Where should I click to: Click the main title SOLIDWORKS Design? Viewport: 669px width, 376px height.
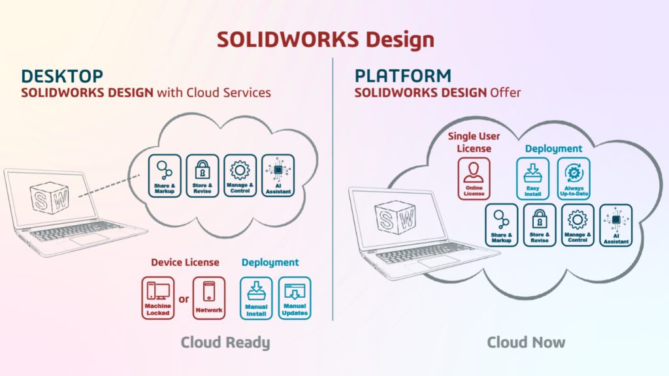click(325, 39)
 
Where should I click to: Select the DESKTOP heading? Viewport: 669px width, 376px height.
click(62, 75)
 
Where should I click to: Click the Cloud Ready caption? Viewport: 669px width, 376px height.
click(225, 342)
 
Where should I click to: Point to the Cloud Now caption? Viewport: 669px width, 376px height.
click(526, 342)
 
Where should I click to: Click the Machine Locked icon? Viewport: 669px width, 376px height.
click(158, 298)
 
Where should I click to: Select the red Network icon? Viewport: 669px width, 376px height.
click(209, 298)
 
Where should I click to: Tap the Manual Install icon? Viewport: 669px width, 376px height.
click(256, 298)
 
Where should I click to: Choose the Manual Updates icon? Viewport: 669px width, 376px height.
click(295, 298)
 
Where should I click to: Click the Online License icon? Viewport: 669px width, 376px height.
click(474, 178)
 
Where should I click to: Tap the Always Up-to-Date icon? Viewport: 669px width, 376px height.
click(574, 178)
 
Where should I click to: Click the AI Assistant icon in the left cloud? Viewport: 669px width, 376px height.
click(278, 176)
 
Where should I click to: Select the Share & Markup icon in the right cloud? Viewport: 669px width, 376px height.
click(502, 225)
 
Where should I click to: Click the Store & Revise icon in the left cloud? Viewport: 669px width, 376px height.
click(202, 176)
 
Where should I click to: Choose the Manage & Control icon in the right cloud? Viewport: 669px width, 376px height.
click(578, 225)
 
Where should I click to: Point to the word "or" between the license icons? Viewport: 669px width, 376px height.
click(184, 299)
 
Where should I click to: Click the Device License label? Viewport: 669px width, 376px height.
click(185, 262)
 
